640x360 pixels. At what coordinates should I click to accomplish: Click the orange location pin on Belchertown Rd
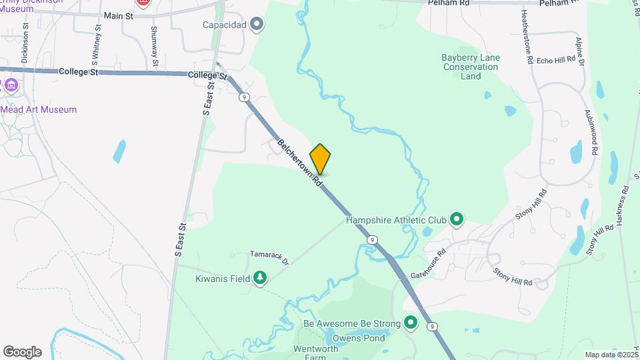pos(320,159)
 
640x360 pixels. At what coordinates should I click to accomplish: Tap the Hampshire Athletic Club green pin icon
pos(457,219)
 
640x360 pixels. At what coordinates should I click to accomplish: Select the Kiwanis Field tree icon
pos(260,278)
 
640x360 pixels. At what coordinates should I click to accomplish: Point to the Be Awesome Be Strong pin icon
pos(411,324)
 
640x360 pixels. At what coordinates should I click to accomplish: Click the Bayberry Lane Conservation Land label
pos(470,67)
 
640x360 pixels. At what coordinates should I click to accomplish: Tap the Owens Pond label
pos(359,338)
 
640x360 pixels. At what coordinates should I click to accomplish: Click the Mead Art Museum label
pos(39,109)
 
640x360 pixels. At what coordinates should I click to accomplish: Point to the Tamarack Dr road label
pos(269,254)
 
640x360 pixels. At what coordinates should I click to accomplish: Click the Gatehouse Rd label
pos(428,265)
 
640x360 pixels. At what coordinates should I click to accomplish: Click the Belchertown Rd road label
pos(300,162)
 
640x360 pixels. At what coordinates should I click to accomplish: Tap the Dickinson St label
pos(25,43)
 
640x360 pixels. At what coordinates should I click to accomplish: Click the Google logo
pos(22,352)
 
